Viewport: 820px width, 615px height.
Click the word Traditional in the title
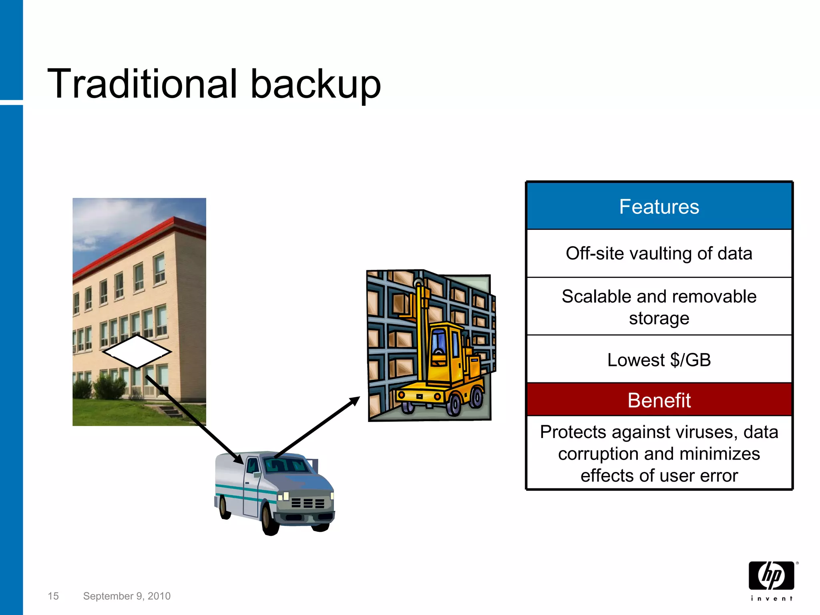(142, 84)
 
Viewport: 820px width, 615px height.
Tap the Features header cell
(659, 207)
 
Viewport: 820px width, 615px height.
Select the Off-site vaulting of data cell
(659, 253)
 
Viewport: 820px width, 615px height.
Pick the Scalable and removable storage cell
(659, 307)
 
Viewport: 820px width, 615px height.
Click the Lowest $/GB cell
(659, 360)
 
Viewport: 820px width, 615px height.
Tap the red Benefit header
(659, 400)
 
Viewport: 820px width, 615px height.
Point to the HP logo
(771, 575)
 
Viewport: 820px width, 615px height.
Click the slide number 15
(53, 596)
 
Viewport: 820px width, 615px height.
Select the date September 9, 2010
(127, 596)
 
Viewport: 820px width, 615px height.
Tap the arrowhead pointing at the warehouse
(354, 401)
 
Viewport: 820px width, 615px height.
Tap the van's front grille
(307, 503)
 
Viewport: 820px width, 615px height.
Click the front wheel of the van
(271, 521)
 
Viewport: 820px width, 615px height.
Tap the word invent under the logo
(771, 599)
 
